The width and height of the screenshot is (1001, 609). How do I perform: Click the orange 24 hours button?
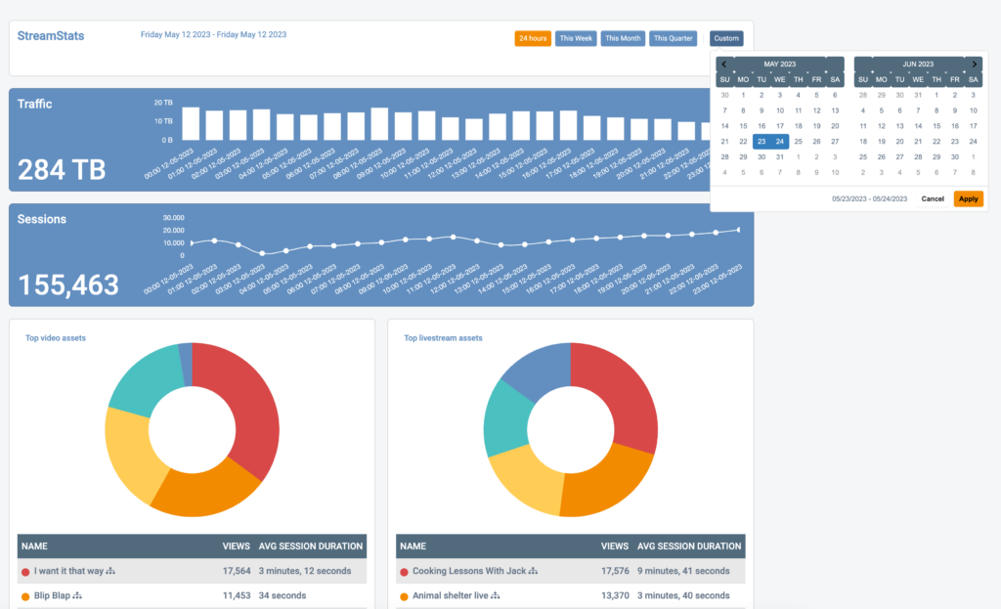click(533, 39)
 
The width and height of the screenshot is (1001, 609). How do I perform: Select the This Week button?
click(576, 39)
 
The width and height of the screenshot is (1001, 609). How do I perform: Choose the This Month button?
click(623, 39)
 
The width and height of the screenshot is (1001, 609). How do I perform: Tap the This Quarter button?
click(673, 39)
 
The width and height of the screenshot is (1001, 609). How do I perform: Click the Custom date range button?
click(726, 39)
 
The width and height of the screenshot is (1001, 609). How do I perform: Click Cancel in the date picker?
click(933, 198)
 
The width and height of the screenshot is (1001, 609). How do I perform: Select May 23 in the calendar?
click(762, 141)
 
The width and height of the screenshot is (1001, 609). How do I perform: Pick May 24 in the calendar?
click(779, 141)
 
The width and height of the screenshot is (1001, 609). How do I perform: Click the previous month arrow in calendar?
click(724, 64)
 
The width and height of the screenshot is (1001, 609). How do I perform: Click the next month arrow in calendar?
click(973, 64)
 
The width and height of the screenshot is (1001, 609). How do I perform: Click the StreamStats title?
click(51, 36)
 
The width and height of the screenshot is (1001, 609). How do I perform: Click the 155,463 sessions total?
click(68, 284)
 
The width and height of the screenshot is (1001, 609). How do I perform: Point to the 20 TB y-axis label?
click(163, 102)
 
